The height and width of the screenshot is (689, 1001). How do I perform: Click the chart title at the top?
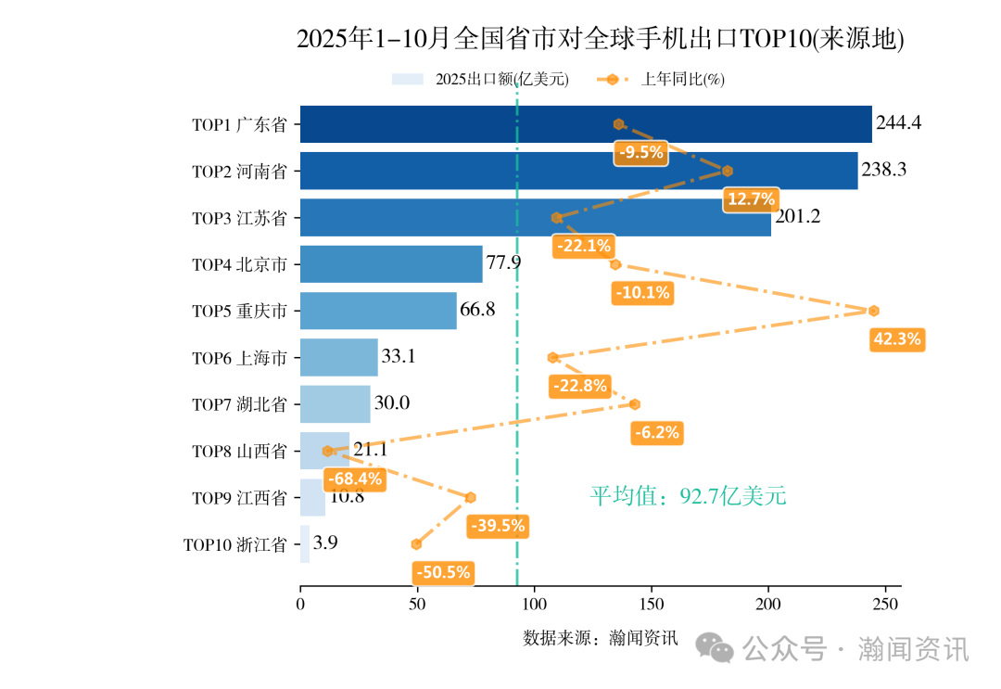(x=600, y=39)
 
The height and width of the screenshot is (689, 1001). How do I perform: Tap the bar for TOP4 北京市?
(x=391, y=264)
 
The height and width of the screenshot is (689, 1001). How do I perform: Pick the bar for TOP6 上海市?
(x=339, y=357)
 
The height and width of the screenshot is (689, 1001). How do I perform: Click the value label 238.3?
(x=883, y=171)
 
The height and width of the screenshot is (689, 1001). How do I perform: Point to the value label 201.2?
(x=797, y=217)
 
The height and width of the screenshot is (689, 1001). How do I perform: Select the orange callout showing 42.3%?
(x=897, y=339)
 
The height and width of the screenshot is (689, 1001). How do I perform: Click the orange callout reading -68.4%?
(x=354, y=479)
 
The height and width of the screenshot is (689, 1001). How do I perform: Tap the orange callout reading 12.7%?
(x=751, y=199)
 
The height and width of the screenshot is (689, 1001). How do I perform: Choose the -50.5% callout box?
(x=444, y=572)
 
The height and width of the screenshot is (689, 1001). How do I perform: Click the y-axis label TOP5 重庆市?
(x=239, y=312)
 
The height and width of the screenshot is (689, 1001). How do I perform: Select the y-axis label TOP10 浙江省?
(x=234, y=544)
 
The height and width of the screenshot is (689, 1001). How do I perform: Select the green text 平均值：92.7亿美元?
(x=688, y=497)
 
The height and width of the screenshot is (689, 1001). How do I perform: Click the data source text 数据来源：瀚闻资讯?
(x=601, y=638)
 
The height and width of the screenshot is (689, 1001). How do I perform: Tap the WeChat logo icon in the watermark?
(x=716, y=648)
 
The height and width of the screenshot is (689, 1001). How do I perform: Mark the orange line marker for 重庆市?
(x=873, y=311)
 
